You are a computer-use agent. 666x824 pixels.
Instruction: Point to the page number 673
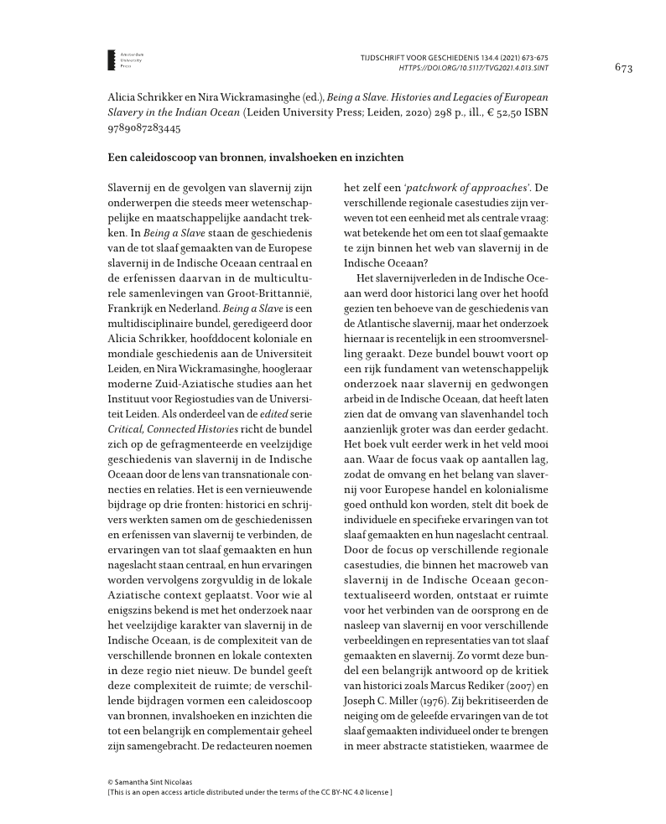click(x=622, y=67)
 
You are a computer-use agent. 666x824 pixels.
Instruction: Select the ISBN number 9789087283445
click(x=144, y=129)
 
